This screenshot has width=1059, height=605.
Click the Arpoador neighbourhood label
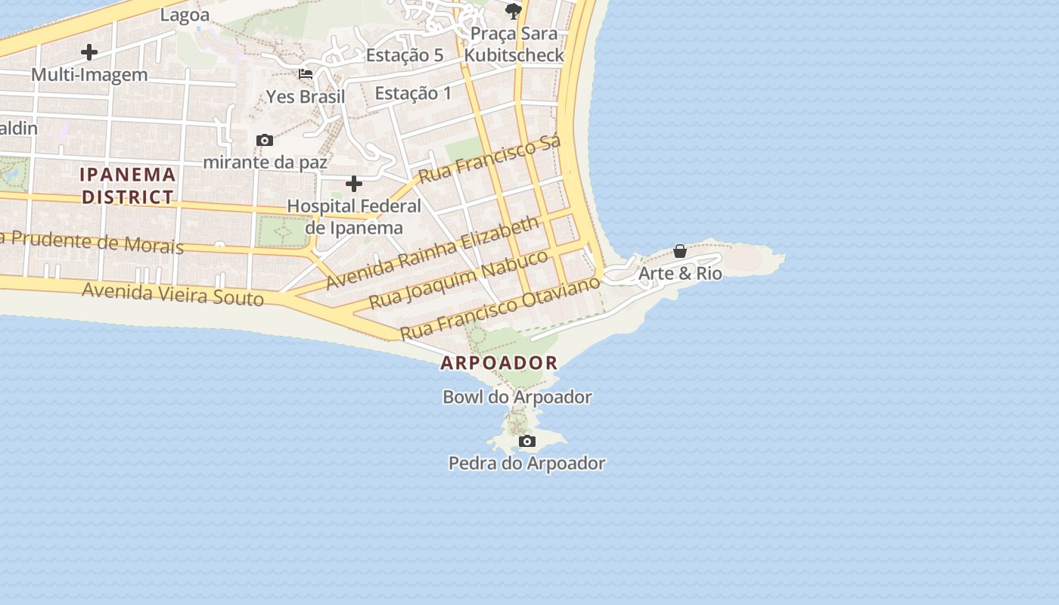(499, 363)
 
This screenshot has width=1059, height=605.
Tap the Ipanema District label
(128, 186)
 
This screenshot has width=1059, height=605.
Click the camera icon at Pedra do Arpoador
(527, 441)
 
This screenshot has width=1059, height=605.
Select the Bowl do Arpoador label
(517, 397)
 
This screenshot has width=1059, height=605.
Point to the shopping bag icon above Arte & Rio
(680, 251)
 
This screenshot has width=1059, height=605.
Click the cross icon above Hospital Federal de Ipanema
(354, 184)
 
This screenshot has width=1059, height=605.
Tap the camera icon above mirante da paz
(265, 140)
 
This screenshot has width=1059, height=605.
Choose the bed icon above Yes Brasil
(306, 74)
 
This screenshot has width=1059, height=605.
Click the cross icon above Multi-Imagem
(89, 52)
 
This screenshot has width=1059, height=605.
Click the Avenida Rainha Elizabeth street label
(433, 253)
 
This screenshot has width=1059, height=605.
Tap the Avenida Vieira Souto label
(172, 293)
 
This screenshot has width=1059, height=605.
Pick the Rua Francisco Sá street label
(490, 160)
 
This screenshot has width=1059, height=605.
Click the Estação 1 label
(413, 94)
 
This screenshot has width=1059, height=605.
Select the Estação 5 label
(405, 55)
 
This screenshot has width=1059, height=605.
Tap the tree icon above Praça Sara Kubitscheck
(514, 10)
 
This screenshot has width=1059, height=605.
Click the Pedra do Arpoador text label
(527, 463)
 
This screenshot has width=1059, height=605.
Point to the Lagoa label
(185, 14)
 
